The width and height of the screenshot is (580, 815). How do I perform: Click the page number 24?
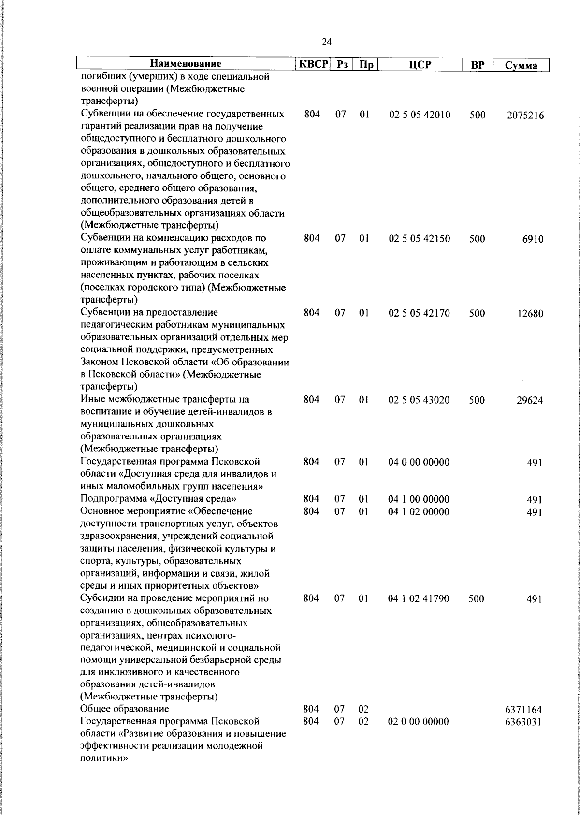pos(326,42)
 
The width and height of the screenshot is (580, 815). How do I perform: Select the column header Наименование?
pos(186,64)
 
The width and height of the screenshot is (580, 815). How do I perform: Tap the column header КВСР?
pos(312,64)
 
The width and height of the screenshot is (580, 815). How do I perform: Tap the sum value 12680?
pos(529,314)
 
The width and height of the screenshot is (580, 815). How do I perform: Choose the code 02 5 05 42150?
pos(419,239)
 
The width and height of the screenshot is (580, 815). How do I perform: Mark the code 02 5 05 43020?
pos(419,400)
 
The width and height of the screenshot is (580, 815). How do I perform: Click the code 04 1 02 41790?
pos(419,598)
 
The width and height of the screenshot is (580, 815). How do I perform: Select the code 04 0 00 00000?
pos(419,462)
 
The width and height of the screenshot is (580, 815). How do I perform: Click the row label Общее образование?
pos(125,709)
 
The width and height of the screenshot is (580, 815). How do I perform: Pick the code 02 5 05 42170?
pos(419,313)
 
